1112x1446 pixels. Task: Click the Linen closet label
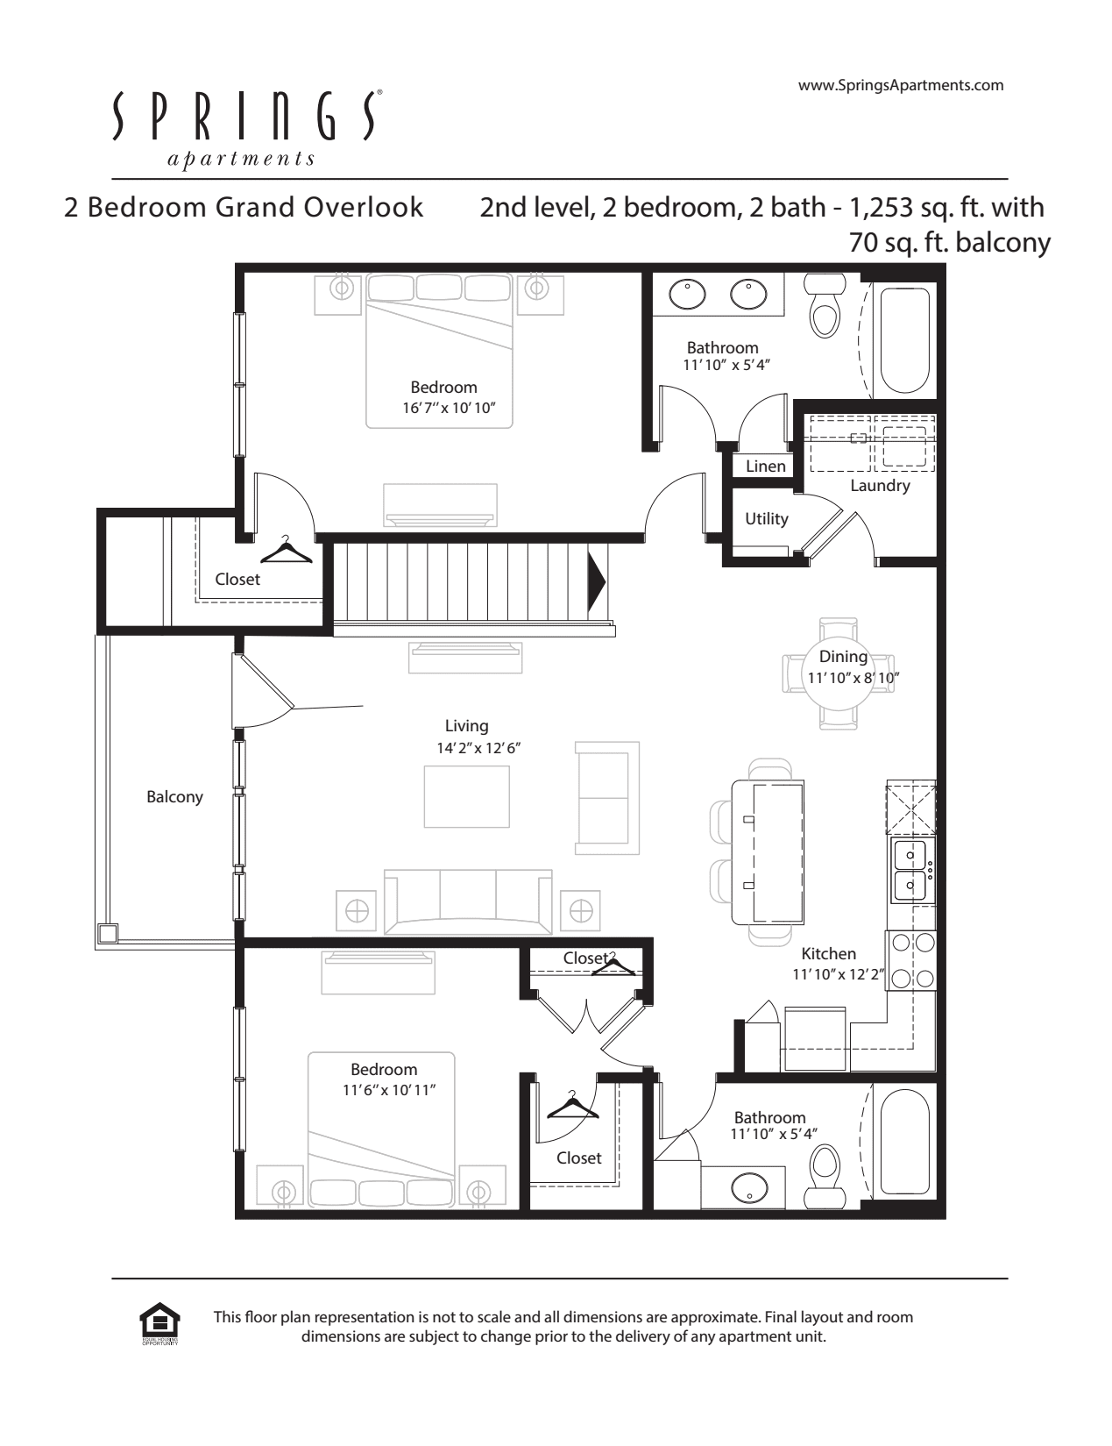point(765,467)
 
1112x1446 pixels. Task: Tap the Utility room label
point(767,519)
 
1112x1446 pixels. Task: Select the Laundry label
point(880,486)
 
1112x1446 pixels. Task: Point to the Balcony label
point(174,797)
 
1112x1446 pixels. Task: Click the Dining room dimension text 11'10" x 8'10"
point(853,678)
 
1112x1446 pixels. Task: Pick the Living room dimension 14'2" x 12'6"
point(478,748)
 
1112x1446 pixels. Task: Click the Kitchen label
point(828,953)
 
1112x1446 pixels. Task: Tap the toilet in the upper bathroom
point(825,305)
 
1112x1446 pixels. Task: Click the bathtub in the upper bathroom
point(904,340)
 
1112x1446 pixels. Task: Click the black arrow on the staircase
point(596,582)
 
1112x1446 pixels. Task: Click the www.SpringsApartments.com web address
point(901,85)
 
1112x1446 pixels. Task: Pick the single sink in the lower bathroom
point(749,1186)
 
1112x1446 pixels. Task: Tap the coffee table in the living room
point(466,796)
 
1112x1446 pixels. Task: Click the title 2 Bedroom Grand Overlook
point(244,208)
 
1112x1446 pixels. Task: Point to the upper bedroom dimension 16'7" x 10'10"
point(450,408)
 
